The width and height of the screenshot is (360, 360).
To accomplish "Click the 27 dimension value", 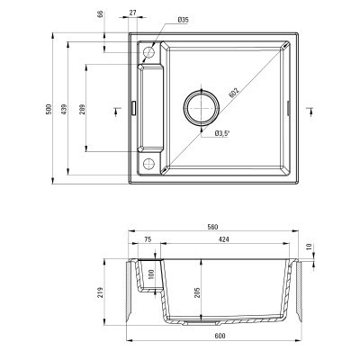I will (133, 13).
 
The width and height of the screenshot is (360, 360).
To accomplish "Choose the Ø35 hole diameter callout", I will (183, 20).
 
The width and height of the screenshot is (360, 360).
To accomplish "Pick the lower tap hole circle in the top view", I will (148, 163).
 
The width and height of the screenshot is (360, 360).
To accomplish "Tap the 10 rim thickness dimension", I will (309, 246).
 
